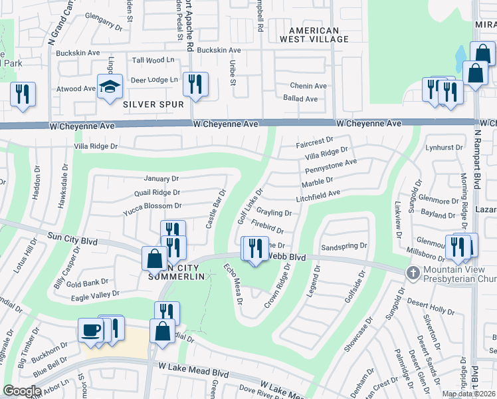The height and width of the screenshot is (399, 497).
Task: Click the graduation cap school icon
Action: click(x=110, y=86)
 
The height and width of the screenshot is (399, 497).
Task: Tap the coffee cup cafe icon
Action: click(x=90, y=329)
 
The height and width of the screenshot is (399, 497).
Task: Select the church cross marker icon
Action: click(x=413, y=273)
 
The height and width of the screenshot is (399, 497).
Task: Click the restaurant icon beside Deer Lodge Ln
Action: click(x=195, y=84)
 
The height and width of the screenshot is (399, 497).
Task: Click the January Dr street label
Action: click(x=161, y=178)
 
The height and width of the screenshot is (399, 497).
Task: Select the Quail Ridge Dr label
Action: click(x=157, y=192)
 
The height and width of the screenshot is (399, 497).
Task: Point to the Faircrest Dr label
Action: click(x=314, y=141)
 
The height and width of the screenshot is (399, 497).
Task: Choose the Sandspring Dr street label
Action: click(x=344, y=245)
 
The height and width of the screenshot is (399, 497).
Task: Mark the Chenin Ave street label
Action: click(x=308, y=86)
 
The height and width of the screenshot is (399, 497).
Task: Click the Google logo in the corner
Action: click(x=22, y=391)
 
